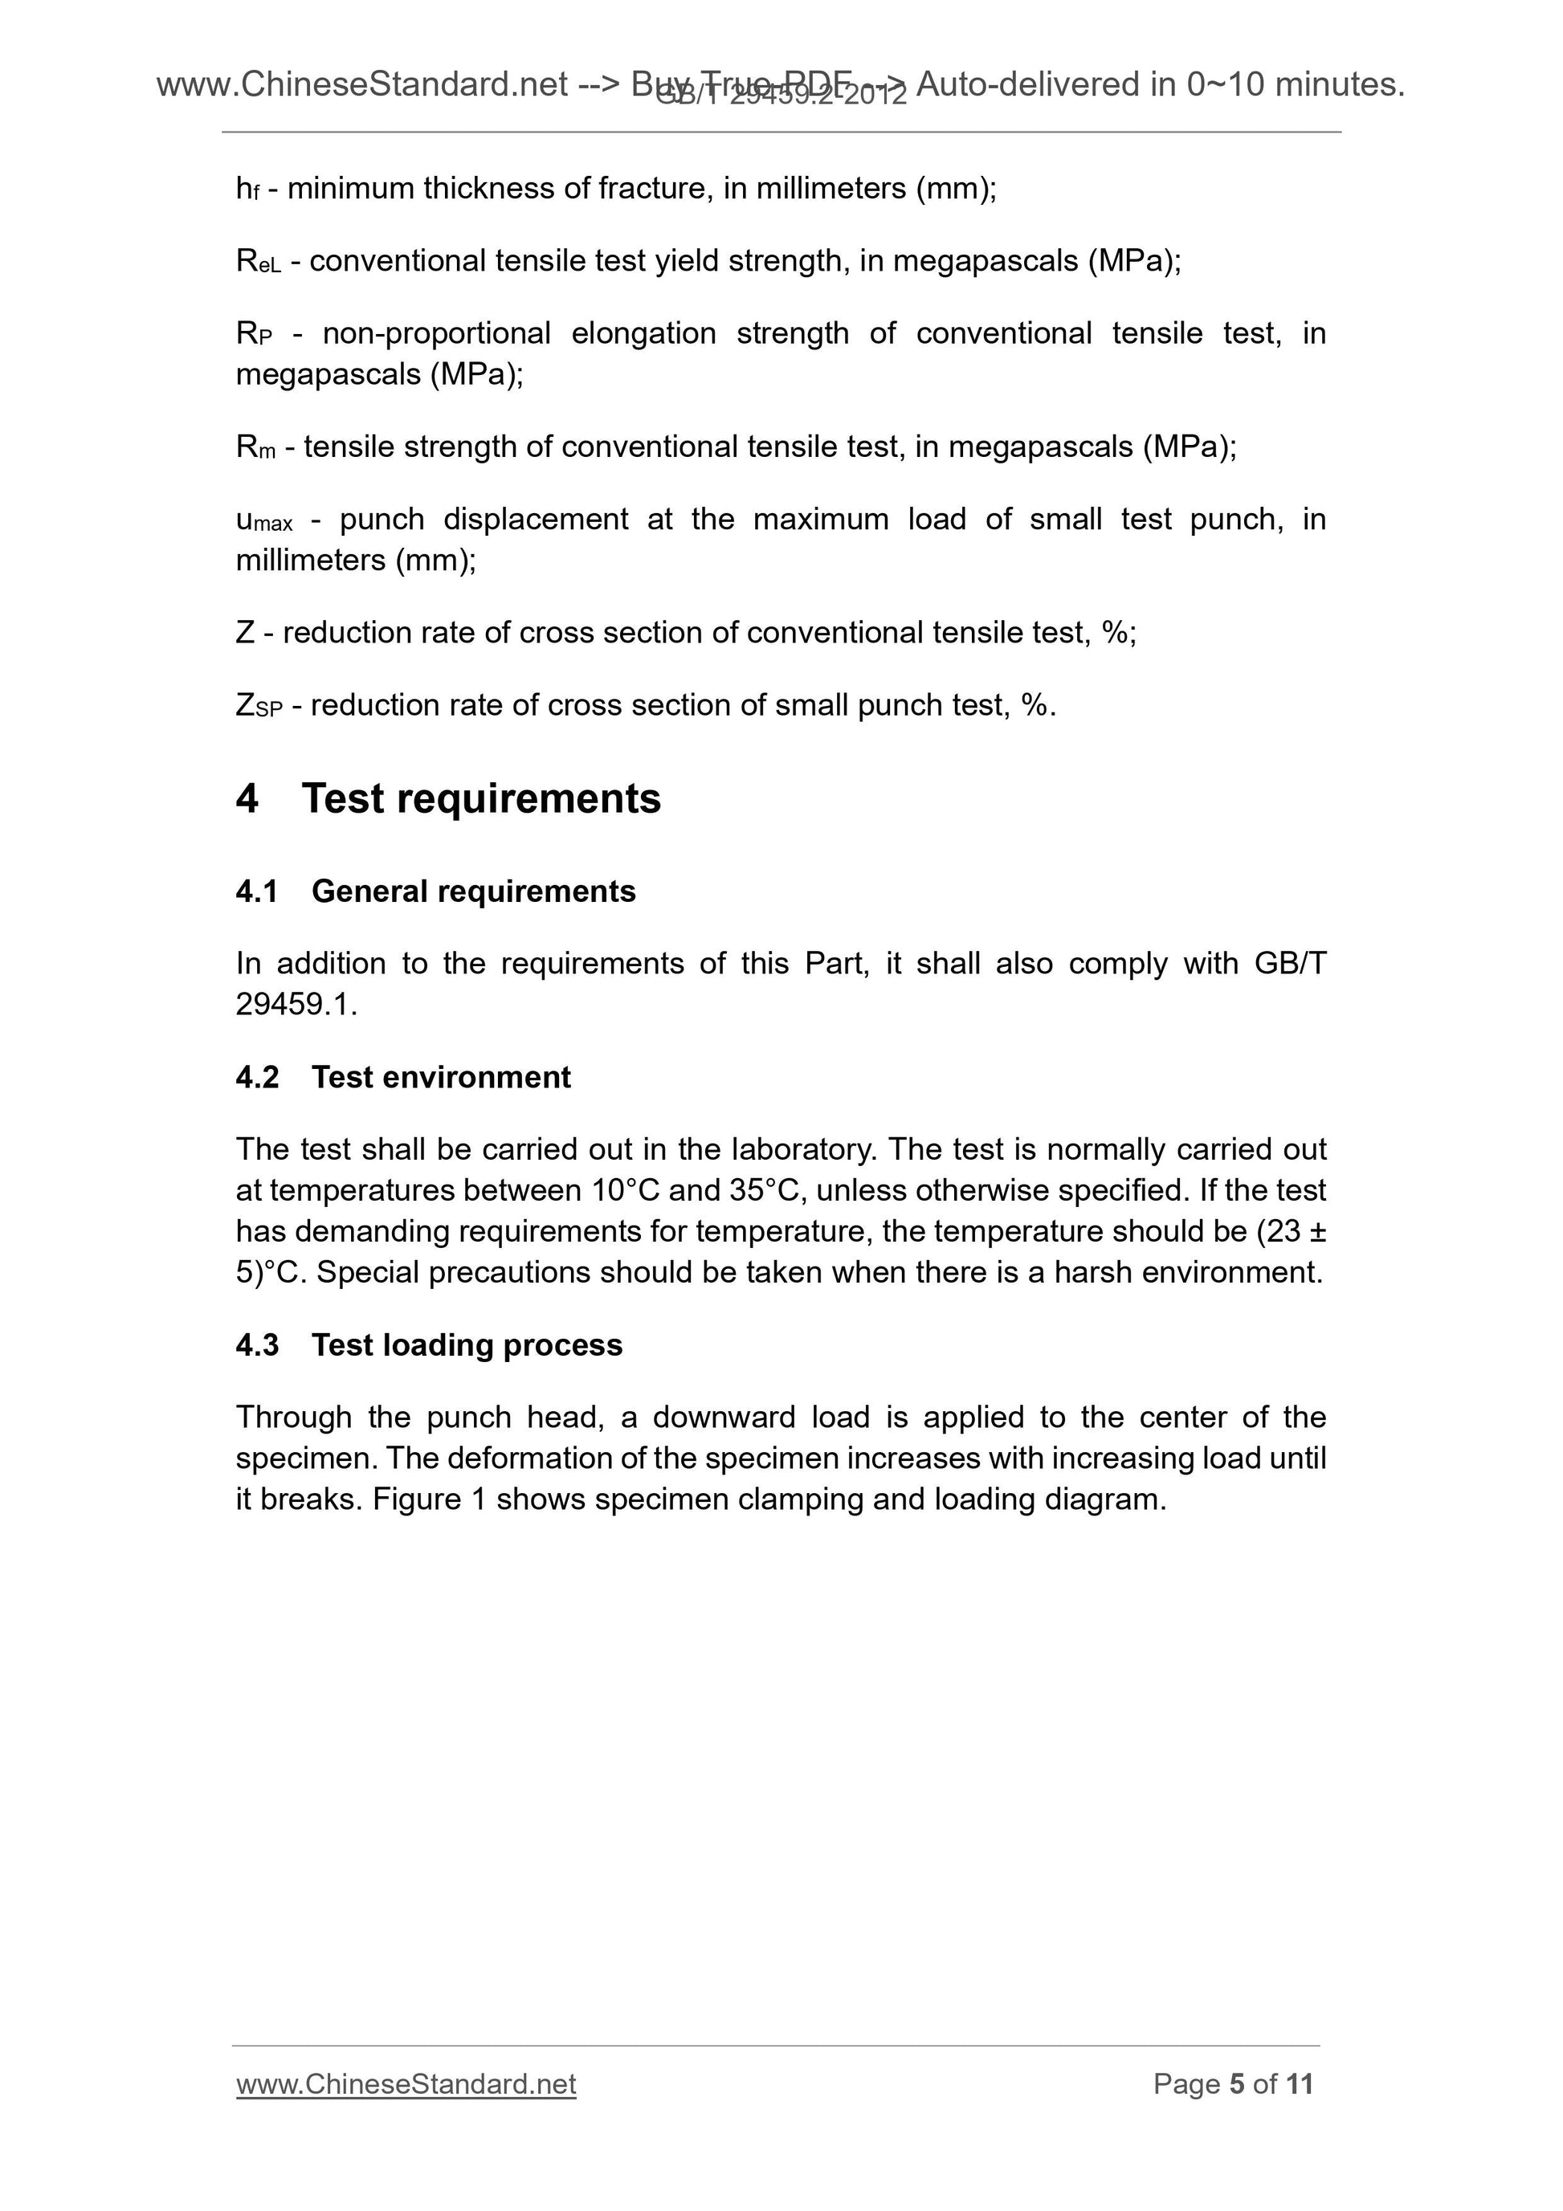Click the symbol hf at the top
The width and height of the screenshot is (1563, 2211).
coord(247,189)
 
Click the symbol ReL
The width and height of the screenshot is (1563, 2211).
coord(258,261)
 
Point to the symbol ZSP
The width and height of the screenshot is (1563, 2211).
coord(258,706)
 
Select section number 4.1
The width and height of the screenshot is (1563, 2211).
coord(256,891)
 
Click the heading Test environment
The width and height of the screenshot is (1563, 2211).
coord(440,1077)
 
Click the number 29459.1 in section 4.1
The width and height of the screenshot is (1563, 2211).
coord(295,1006)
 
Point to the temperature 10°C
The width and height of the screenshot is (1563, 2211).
coord(625,1191)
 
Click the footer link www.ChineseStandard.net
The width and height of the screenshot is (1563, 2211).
coord(406,2085)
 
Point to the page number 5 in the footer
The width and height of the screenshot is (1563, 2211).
coord(1238,2085)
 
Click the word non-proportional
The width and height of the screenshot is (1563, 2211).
coord(435,334)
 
